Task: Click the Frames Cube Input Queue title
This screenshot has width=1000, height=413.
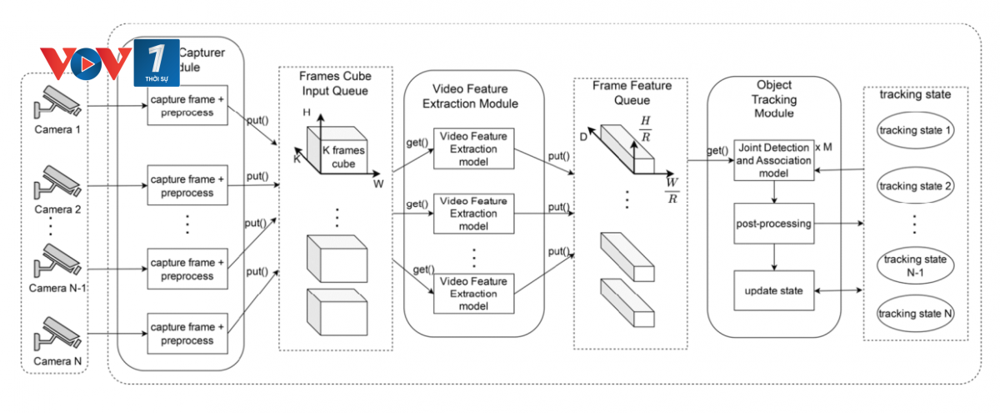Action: point(335,83)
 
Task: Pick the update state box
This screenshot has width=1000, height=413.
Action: point(774,290)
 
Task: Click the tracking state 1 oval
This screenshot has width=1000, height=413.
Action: point(916,131)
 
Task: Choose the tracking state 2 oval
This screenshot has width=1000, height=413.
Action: point(916,185)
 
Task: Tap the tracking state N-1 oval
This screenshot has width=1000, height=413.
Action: point(916,266)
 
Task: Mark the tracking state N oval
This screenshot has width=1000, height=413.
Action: point(916,313)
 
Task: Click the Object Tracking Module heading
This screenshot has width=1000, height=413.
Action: point(774,98)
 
